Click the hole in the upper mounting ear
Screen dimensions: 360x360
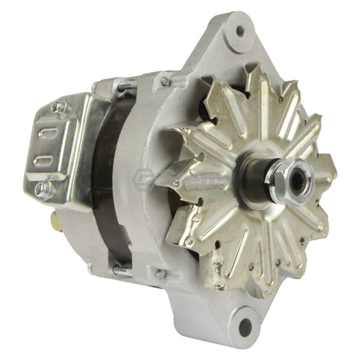(240, 30)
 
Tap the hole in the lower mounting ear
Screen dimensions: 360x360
(244, 327)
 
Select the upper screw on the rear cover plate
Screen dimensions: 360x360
(59, 107)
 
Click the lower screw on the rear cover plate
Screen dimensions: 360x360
(42, 188)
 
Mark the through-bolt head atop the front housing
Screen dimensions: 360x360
(165, 81)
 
